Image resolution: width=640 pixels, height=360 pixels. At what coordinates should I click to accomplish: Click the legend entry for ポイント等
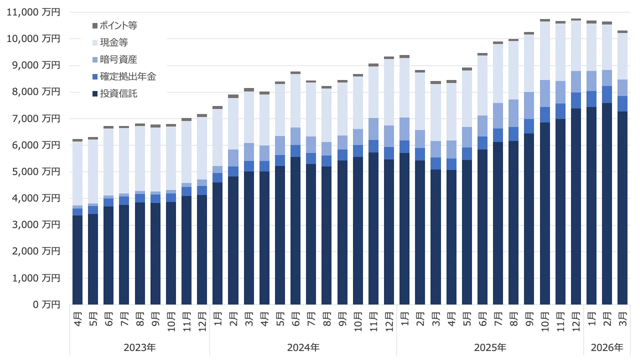[x=118, y=25]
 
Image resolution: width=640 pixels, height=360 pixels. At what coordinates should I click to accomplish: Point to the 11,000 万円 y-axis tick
[x=32, y=12]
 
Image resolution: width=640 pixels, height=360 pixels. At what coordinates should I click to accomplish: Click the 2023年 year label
[x=139, y=347]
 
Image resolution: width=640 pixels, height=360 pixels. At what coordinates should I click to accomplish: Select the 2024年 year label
[x=303, y=347]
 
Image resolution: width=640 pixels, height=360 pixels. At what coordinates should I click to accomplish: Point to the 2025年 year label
[x=490, y=347]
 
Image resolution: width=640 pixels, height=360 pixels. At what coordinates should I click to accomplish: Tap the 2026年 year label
[x=607, y=347]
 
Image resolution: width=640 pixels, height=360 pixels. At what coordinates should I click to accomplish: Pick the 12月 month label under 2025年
[x=575, y=319]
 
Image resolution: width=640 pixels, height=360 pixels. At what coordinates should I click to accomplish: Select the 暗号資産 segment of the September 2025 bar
[x=529, y=105]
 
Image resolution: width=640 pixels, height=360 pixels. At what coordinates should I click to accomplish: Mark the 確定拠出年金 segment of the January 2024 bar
[x=217, y=177]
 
